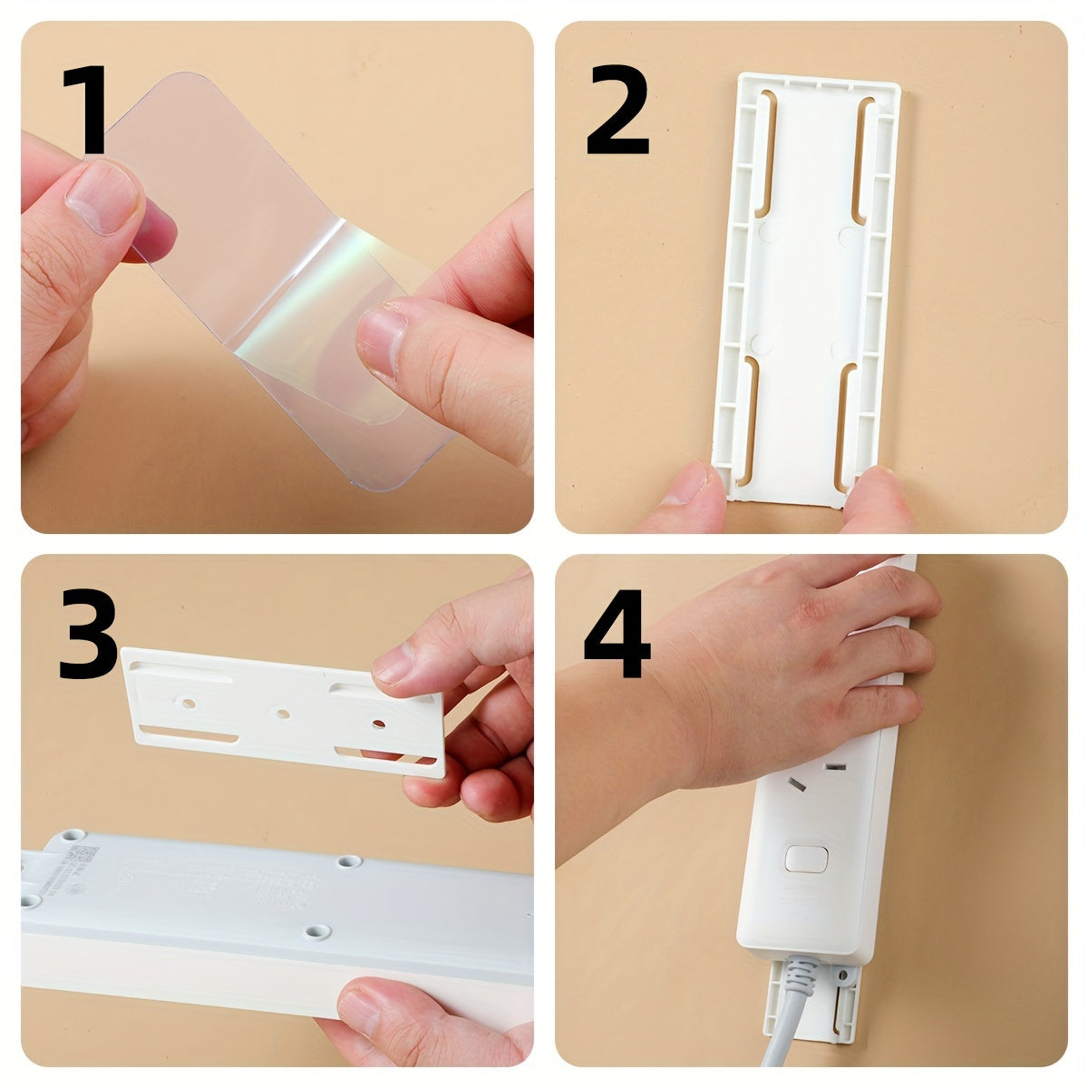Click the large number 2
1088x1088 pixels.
[x=617, y=113]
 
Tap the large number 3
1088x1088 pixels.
[x=88, y=635]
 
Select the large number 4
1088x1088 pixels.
[x=617, y=635]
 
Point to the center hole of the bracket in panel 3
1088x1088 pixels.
[x=283, y=714]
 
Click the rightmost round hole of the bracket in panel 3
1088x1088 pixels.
[x=378, y=724]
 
